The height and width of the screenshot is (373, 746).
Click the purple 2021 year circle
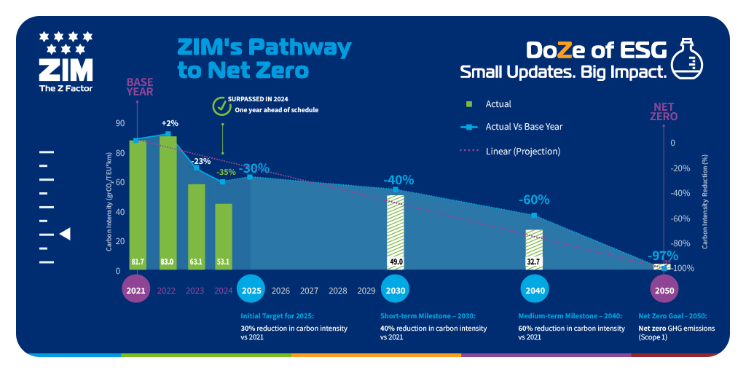(x=136, y=290)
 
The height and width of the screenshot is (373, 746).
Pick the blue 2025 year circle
(x=251, y=290)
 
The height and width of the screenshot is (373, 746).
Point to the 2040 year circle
(x=535, y=290)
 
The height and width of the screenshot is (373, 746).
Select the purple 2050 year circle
(x=663, y=290)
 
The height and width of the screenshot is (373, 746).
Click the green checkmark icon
(x=221, y=106)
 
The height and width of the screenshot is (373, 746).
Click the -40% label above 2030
(x=398, y=180)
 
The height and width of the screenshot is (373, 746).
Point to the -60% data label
(x=534, y=200)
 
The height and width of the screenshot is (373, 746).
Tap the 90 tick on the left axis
(x=119, y=123)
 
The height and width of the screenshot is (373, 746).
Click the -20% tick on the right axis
(x=680, y=168)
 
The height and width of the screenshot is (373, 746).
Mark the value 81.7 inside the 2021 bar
(x=138, y=261)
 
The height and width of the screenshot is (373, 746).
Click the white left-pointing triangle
(x=65, y=234)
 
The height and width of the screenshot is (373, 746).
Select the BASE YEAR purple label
(x=140, y=87)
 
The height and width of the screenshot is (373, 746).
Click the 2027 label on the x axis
(x=309, y=291)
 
